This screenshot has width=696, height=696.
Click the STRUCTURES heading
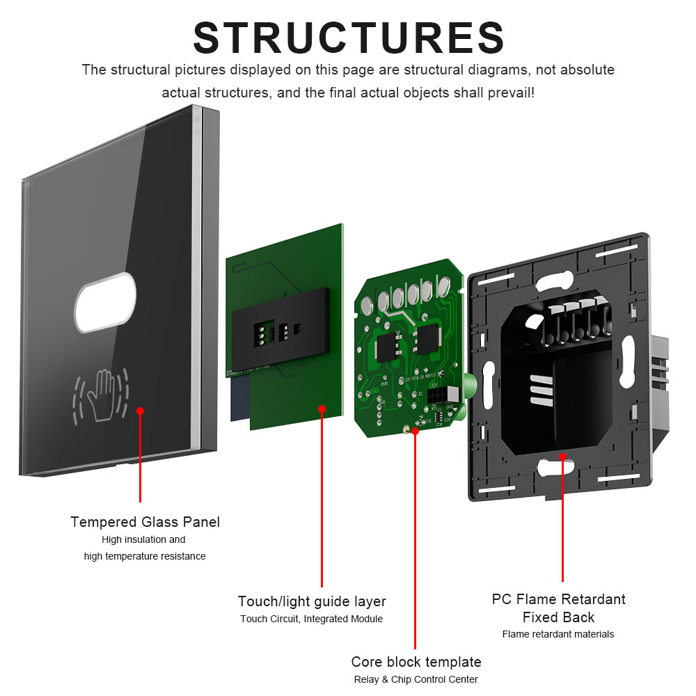pyautogui.click(x=349, y=38)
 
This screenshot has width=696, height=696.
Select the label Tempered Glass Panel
pyautogui.click(x=145, y=522)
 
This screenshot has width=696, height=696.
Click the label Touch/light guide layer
pyautogui.click(x=312, y=601)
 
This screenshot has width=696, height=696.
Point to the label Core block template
pyautogui.click(x=416, y=661)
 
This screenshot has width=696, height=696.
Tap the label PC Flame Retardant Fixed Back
pyautogui.click(x=558, y=608)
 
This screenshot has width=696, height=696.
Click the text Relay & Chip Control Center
pyautogui.click(x=416, y=679)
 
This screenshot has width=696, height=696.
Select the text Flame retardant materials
pyautogui.click(x=558, y=634)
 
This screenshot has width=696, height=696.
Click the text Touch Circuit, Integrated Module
pyautogui.click(x=312, y=619)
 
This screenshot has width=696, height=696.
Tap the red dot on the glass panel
pyautogui.click(x=140, y=411)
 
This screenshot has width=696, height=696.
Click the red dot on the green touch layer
pyautogui.click(x=322, y=409)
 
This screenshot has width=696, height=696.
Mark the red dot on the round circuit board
pyautogui.click(x=415, y=432)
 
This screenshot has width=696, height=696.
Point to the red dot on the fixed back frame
pyautogui.click(x=562, y=457)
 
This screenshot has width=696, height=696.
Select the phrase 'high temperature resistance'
pyautogui.click(x=145, y=556)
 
